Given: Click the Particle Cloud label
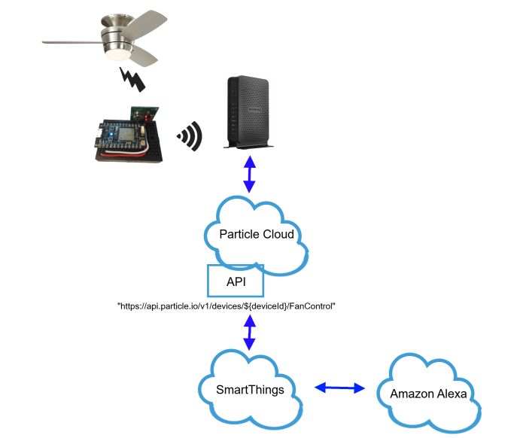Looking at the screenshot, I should tap(256, 234).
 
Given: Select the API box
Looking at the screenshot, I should tap(235, 281).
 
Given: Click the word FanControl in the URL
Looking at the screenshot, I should tap(312, 308).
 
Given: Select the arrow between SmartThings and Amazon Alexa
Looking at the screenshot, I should tap(339, 388).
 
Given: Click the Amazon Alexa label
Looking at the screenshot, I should tap(428, 394).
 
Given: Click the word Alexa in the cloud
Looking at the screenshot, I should tap(452, 394).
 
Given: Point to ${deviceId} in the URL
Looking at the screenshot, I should tap(261, 308).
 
